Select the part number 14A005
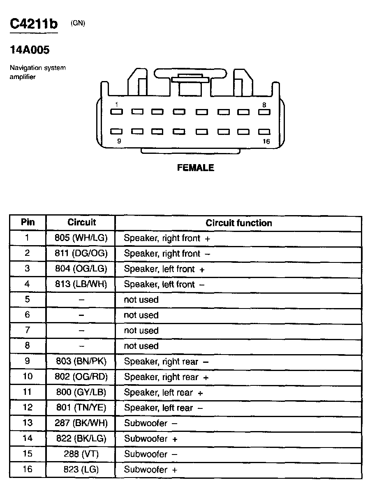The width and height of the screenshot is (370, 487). click(30, 50)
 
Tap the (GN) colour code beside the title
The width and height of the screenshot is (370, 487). click(78, 23)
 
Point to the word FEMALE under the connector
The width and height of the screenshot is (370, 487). click(195, 168)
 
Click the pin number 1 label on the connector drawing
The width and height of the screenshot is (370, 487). click(117, 105)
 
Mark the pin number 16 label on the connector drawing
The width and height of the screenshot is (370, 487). click(266, 141)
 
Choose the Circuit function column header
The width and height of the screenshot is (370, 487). click(238, 223)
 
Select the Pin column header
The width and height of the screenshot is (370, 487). click(28, 223)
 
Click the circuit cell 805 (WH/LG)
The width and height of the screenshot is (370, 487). click(81, 238)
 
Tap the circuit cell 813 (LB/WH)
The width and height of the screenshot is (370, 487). click(81, 284)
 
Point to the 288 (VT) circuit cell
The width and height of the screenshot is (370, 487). click(81, 454)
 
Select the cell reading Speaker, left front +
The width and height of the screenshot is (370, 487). click(164, 269)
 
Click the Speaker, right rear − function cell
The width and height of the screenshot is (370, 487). click(166, 362)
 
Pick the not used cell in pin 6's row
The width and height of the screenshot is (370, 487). click(141, 315)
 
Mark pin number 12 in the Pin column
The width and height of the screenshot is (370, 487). click(28, 408)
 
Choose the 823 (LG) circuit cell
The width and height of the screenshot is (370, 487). click(81, 469)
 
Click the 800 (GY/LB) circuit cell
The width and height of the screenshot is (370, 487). click(81, 392)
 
